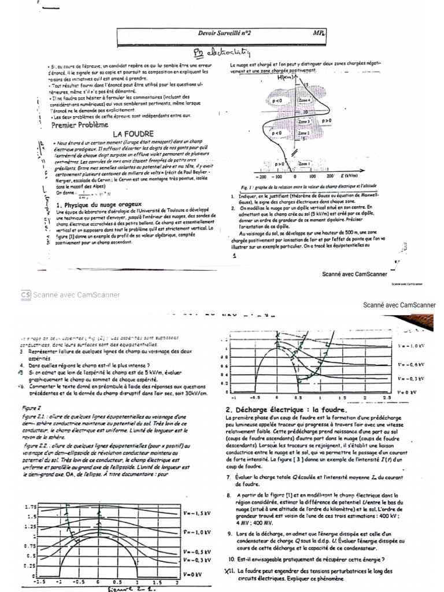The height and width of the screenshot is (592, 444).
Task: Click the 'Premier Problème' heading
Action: (x=80, y=124)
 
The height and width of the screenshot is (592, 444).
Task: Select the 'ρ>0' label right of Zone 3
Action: (x=326, y=120)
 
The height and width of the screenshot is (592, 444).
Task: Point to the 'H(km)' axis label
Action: (x=286, y=77)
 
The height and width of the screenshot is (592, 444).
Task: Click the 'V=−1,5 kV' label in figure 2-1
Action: (x=195, y=513)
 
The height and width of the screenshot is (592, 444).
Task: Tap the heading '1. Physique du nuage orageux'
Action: (x=102, y=205)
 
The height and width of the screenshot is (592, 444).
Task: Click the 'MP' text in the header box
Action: (x=317, y=35)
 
